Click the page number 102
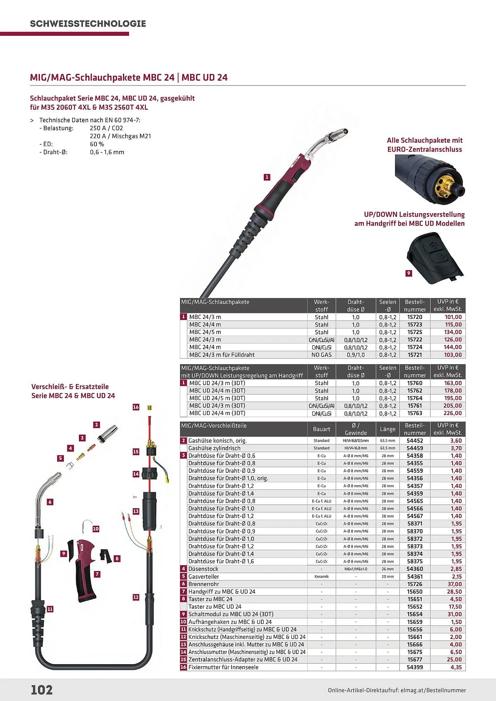42,689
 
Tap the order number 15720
415,317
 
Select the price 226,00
453,413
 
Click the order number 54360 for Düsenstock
415,569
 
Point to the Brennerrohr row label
203,584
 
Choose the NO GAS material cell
321,355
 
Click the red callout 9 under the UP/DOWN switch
409,273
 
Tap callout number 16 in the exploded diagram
136,407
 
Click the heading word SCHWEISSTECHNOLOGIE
88,24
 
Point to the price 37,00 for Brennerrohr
455,584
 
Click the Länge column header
388,429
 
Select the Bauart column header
321,429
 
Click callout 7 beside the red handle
97,574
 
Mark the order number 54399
415,667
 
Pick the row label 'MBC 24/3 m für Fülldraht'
222,355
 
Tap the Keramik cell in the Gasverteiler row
321,577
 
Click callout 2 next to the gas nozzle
96,425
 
